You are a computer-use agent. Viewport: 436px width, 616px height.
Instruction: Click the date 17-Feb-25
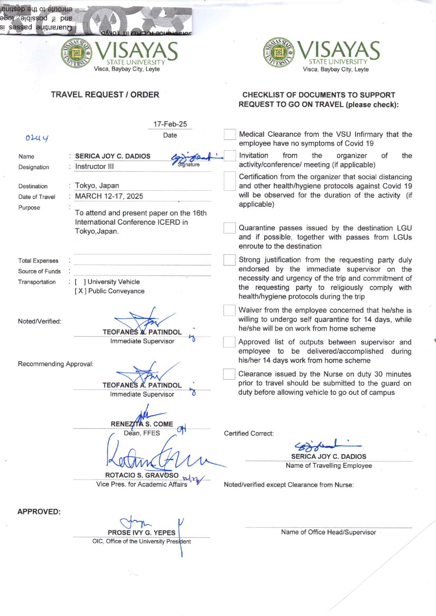click(x=170, y=124)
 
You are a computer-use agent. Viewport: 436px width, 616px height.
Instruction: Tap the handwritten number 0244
click(x=37, y=138)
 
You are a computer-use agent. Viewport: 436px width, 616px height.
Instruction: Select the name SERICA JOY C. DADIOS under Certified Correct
click(x=328, y=456)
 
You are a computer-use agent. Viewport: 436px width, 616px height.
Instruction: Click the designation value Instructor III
click(x=94, y=167)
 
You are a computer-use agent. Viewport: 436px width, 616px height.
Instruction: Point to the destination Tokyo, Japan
click(x=97, y=186)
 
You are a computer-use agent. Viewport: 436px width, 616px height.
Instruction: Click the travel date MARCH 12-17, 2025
click(x=109, y=196)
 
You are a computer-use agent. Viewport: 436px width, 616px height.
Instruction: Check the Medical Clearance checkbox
click(x=230, y=134)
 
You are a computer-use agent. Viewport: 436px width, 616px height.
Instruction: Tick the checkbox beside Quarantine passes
click(x=229, y=228)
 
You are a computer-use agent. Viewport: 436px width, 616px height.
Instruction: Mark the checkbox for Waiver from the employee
click(x=229, y=310)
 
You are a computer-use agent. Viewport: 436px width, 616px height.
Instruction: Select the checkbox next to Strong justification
click(x=229, y=260)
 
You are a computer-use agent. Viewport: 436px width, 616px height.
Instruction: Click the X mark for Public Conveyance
click(x=81, y=291)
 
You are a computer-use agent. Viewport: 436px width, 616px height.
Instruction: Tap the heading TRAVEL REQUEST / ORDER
click(x=105, y=95)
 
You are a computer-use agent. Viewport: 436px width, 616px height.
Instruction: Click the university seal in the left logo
click(x=77, y=53)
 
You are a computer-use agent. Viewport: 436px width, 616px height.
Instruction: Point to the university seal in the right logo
click(x=279, y=53)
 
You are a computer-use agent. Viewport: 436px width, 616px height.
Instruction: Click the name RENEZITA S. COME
click(x=142, y=424)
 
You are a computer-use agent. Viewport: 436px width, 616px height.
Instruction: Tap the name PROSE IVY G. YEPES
click(x=141, y=533)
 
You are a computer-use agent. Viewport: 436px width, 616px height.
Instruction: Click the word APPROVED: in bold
click(x=39, y=512)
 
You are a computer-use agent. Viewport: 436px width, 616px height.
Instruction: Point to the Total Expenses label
click(x=38, y=261)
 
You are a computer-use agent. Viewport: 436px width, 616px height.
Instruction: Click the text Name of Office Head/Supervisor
click(x=328, y=532)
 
